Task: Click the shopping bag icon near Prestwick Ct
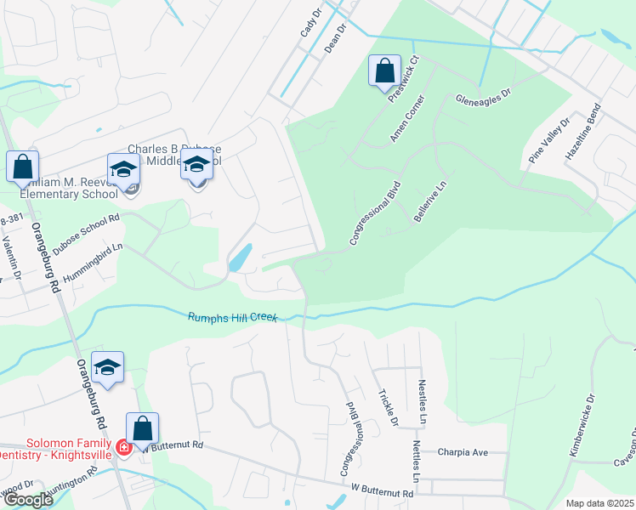point(384,71)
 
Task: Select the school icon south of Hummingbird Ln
point(107,367)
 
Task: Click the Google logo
point(28,500)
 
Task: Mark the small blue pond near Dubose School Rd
point(240,256)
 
